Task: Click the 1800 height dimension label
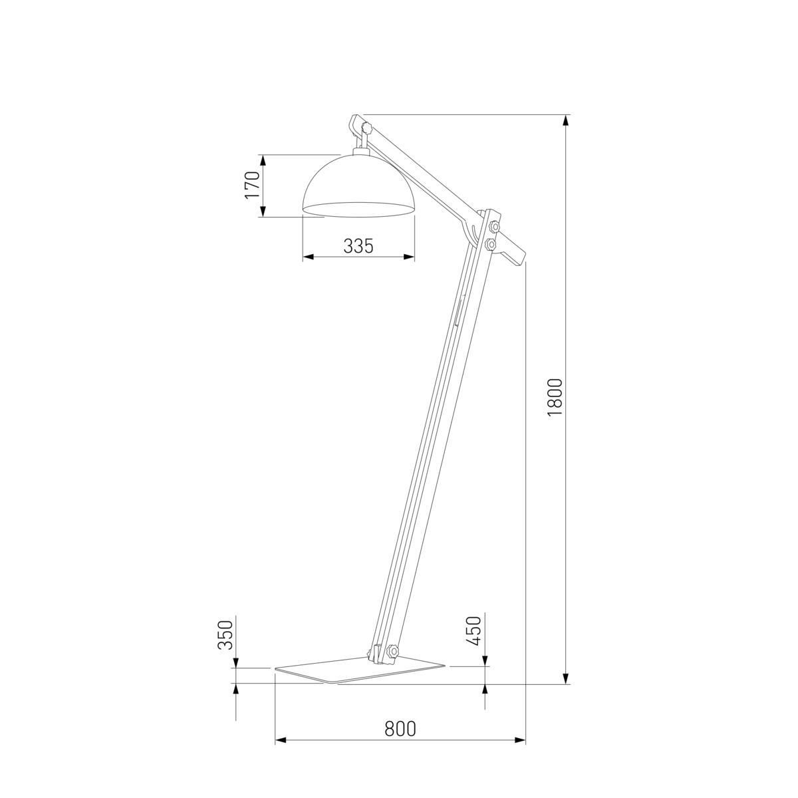(x=555, y=398)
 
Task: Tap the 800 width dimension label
(x=400, y=729)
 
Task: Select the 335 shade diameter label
(x=358, y=246)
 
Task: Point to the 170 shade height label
(x=251, y=186)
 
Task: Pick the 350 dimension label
(x=225, y=634)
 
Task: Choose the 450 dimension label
(x=473, y=631)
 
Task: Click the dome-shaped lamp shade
(x=359, y=186)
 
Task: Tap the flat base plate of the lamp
(x=359, y=670)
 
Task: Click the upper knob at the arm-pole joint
(x=493, y=227)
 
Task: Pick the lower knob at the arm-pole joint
(x=491, y=245)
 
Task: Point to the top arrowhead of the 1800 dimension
(x=566, y=120)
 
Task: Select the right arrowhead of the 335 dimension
(x=410, y=257)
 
